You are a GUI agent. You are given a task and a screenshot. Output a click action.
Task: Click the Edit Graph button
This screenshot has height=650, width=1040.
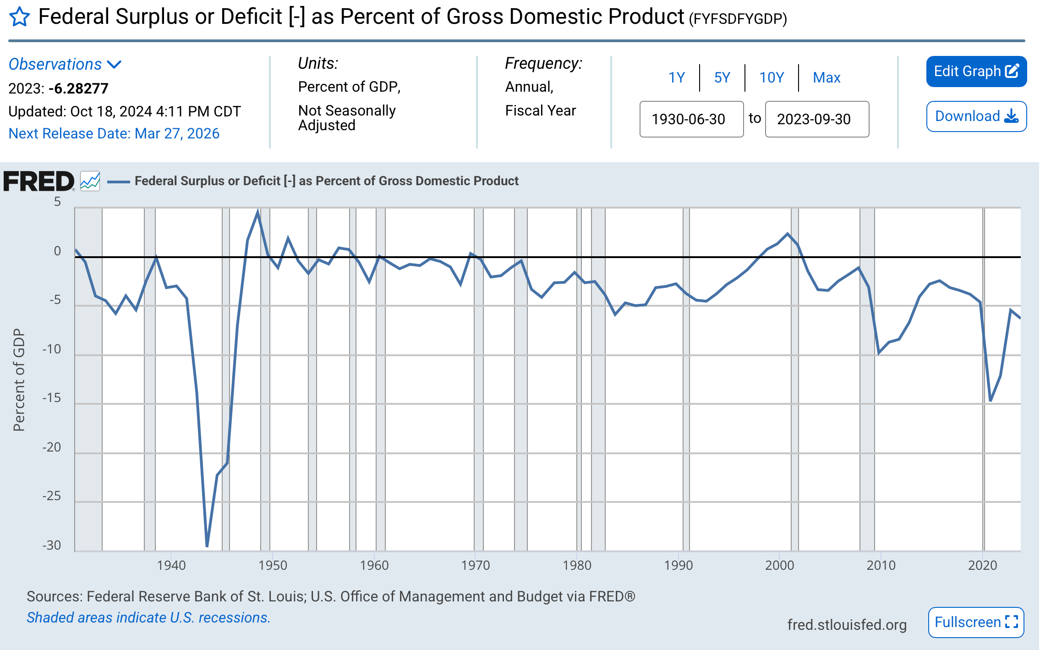[976, 72]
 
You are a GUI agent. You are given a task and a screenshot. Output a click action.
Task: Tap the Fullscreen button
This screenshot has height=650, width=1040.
[976, 622]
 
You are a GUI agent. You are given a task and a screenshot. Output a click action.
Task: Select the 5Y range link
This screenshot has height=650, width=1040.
[722, 77]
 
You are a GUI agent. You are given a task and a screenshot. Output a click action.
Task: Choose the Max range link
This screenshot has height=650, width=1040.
[826, 77]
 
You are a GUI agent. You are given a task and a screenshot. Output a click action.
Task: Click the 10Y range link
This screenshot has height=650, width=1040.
[772, 77]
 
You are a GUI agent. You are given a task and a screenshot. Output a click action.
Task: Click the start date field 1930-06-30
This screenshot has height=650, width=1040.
[691, 119]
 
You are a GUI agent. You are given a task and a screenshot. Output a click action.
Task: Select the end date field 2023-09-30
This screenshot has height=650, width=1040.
[817, 119]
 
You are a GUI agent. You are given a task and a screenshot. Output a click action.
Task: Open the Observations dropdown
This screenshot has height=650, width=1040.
[65, 64]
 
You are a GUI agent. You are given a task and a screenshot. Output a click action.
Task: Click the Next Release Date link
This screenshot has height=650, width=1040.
[114, 133]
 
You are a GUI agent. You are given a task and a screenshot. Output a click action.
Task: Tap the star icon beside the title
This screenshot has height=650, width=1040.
[20, 17]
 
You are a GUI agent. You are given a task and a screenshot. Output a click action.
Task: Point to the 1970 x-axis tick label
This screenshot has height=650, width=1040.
[476, 565]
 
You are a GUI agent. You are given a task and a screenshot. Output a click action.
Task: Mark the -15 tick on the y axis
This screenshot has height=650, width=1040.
[51, 398]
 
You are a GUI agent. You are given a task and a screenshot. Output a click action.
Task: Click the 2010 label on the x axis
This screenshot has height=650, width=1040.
[881, 565]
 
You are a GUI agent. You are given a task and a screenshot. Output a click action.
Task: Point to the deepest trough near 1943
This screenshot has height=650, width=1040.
[207, 546]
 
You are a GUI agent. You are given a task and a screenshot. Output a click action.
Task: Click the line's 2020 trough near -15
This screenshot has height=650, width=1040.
[991, 401]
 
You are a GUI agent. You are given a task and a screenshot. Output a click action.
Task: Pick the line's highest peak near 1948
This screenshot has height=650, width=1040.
[258, 212]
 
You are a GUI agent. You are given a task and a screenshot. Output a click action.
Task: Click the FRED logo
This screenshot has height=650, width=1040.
[38, 181]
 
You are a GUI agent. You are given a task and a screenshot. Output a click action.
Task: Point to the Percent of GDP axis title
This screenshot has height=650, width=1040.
[19, 380]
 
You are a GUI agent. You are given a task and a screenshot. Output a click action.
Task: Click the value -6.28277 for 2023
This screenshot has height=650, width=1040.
[78, 88]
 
